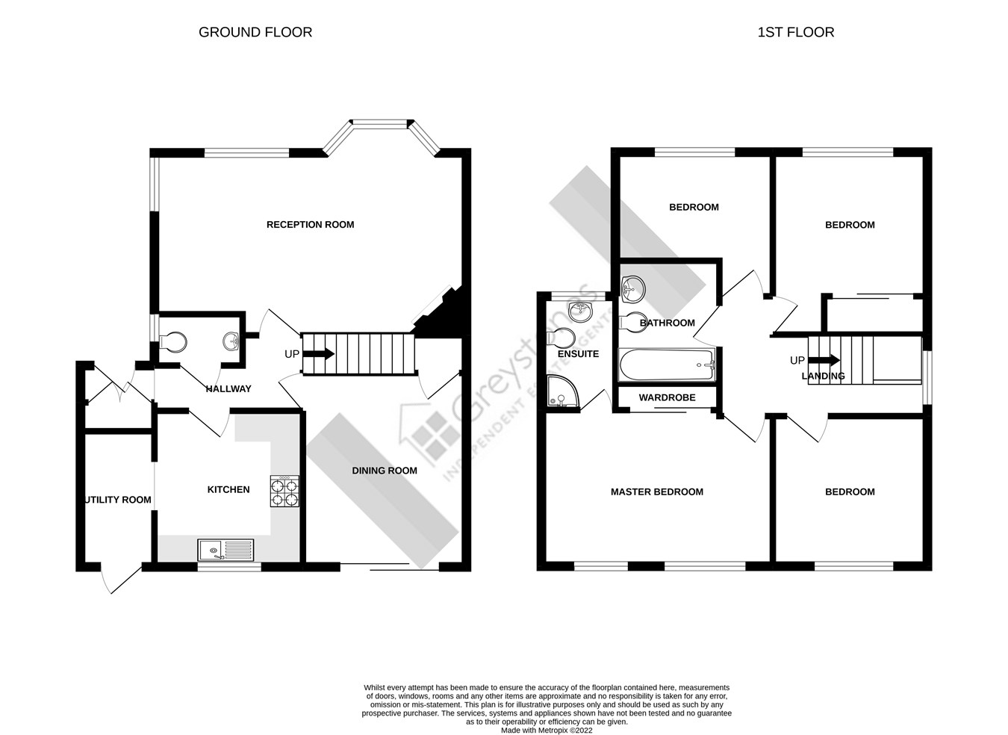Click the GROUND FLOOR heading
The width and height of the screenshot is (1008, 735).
[255, 32]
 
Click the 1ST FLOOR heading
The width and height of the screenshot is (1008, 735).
[795, 32]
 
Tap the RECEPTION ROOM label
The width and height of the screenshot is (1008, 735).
[310, 224]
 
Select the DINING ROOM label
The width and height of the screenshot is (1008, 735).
[385, 471]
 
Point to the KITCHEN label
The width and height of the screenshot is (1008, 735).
[228, 489]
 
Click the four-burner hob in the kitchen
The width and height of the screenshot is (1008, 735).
[284, 492]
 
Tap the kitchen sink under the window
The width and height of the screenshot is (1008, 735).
[225, 551]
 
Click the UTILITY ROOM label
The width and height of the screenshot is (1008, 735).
[118, 500]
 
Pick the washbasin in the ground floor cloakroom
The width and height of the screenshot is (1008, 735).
[231, 341]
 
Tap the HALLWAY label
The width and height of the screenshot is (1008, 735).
[228, 388]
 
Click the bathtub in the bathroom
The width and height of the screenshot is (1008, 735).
[666, 365]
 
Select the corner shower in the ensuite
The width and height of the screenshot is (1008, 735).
[561, 393]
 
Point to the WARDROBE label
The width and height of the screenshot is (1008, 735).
[667, 397]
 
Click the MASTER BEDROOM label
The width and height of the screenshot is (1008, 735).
[656, 491]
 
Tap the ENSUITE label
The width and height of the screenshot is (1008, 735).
[578, 353]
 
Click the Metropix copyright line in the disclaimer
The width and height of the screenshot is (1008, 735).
[546, 731]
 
